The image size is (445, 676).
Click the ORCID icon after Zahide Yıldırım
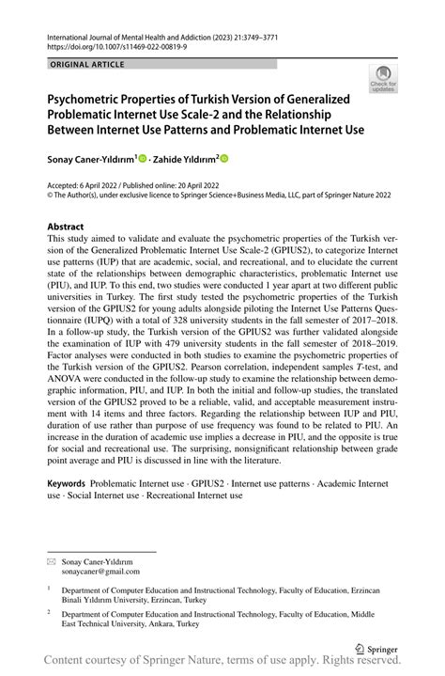(224, 159)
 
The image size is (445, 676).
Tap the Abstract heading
(65, 227)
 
